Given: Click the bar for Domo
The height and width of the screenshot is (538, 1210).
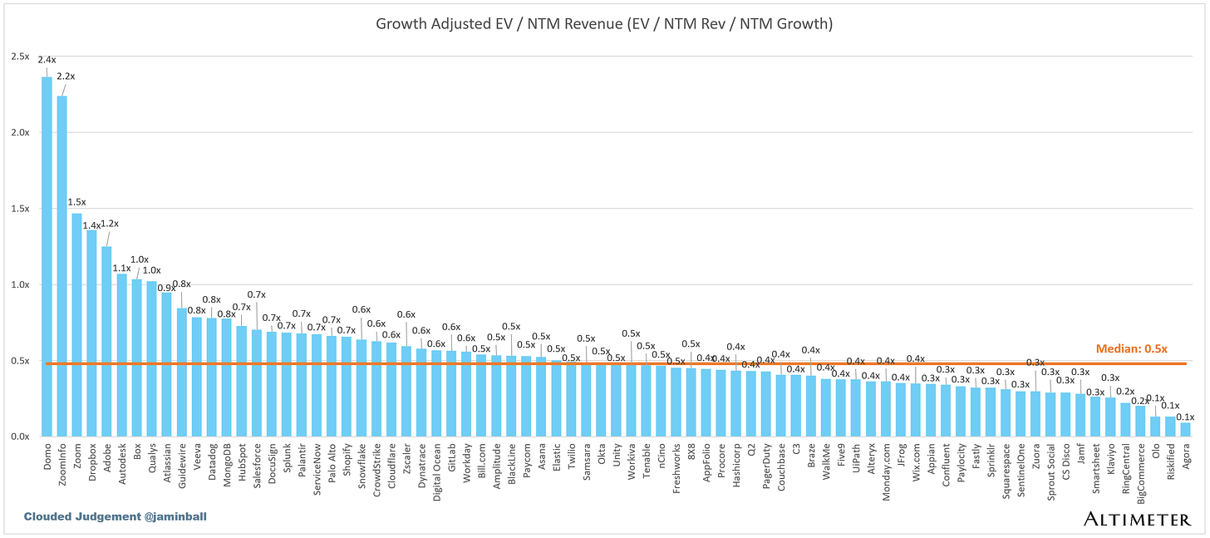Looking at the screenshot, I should (47, 258).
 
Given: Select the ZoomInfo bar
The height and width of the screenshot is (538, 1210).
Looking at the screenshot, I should (61, 266).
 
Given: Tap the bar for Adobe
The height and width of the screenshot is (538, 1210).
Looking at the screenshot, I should (106, 341).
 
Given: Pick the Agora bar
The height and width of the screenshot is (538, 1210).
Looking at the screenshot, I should (1184, 429).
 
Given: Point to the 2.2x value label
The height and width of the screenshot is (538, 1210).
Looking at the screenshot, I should (66, 77).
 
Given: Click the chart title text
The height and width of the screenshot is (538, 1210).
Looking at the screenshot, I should (604, 25).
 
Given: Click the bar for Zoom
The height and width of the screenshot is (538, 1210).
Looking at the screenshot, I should (76, 324).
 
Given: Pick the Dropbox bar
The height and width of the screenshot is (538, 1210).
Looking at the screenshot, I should (91, 333).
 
